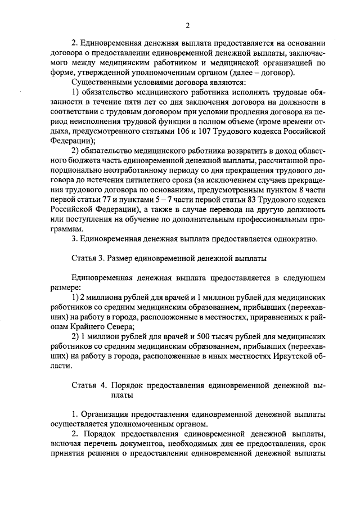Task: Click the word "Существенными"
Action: point(100,82)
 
